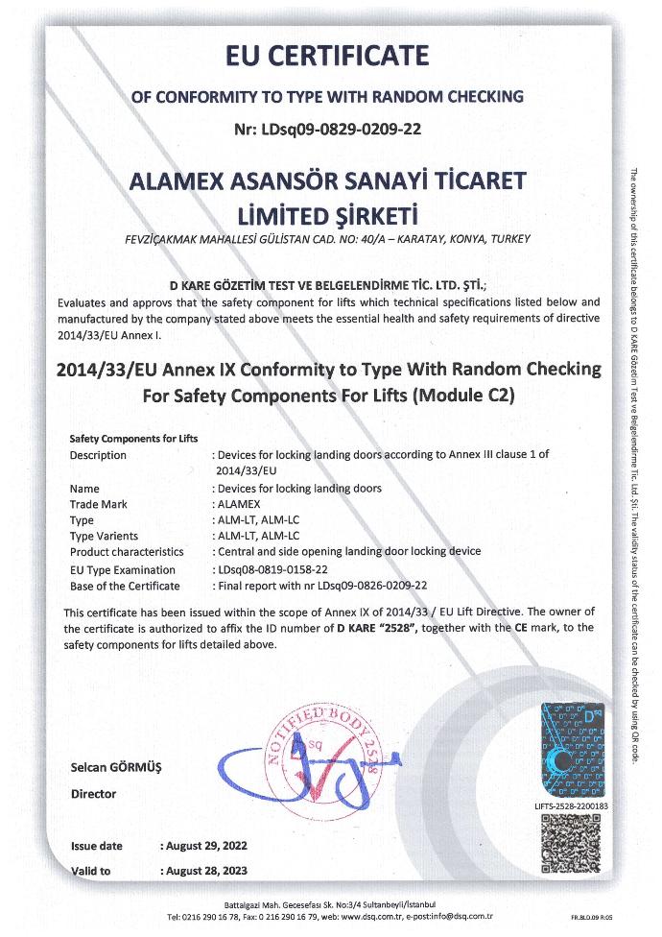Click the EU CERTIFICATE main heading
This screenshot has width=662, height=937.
point(328,57)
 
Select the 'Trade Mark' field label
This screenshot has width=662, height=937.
point(100,503)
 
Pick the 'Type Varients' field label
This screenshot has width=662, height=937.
point(104,535)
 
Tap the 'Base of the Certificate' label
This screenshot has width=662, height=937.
point(125,585)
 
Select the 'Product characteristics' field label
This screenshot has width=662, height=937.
point(127,552)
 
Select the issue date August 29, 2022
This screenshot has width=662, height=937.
point(205,846)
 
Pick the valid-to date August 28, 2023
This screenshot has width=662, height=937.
point(205,871)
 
